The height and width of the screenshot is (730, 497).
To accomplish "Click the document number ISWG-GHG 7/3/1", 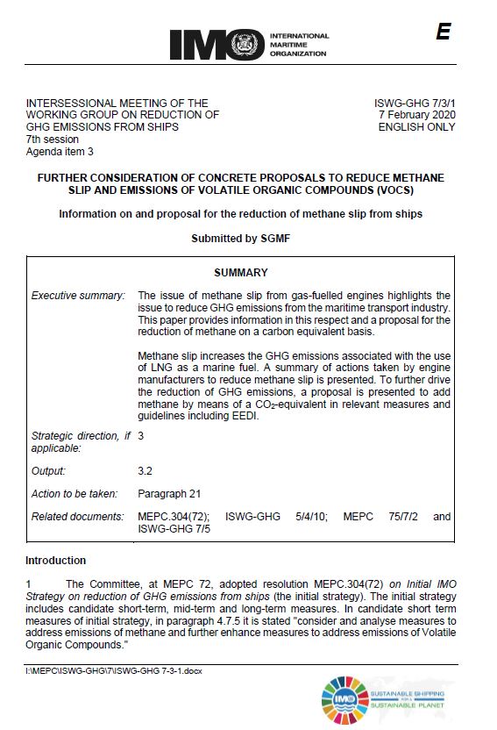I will [x=415, y=103].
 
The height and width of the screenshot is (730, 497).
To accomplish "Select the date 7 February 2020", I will [x=416, y=115].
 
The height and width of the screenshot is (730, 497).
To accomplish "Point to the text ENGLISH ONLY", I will [x=416, y=127].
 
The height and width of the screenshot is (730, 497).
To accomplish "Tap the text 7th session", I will [x=53, y=140].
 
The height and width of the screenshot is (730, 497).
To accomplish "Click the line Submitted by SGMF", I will [x=240, y=239].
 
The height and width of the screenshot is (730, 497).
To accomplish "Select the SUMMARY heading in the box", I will [x=240, y=273].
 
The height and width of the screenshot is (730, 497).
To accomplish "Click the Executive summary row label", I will [x=78, y=296].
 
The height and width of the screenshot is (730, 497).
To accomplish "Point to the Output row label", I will [x=48, y=471].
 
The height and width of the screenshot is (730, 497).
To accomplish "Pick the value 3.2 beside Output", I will [x=146, y=471].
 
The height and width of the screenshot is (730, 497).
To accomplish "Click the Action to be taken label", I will [x=78, y=494].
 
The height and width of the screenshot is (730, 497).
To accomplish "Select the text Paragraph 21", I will [x=169, y=494].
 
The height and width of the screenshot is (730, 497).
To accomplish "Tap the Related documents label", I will [x=78, y=517].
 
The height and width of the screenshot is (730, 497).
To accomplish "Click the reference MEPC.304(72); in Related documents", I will [x=173, y=517].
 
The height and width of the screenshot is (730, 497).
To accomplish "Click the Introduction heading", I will [x=56, y=561].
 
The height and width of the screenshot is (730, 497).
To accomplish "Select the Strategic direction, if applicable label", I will [x=78, y=442].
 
